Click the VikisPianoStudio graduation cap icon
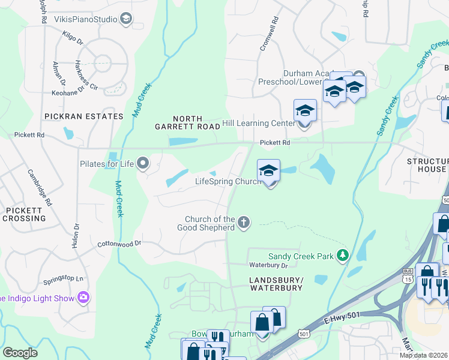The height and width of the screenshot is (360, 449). (126, 20)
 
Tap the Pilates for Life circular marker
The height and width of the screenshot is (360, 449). (143, 163)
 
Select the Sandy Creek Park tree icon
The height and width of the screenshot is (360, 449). (343, 256)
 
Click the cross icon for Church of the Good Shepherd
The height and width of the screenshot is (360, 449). (244, 223)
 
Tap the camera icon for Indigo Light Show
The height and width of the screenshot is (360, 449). (83, 298)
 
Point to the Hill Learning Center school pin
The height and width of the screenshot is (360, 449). (305, 112)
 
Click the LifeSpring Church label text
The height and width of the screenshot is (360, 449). (228, 181)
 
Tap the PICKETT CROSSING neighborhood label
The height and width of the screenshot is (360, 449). (23, 214)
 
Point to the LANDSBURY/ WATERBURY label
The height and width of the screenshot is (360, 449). (276, 284)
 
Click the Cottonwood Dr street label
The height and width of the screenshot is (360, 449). (119, 244)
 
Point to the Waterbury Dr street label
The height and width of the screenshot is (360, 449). (268, 265)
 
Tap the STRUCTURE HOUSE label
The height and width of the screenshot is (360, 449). (427, 165)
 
